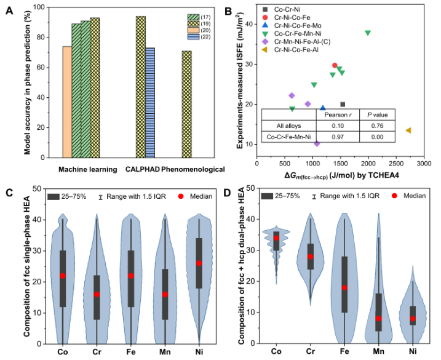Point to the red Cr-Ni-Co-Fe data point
tap(335, 65)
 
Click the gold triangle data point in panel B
tap(408, 130)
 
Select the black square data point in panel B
tap(343, 105)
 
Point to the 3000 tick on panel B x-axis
tap(423, 163)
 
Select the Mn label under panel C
tap(165, 352)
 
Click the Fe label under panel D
tap(346, 352)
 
